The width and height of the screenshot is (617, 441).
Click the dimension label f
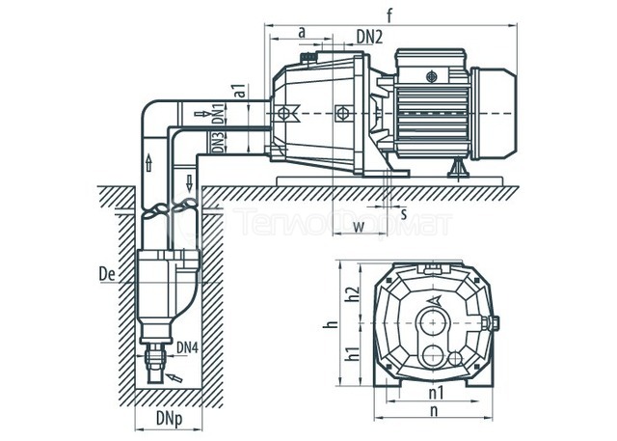pyautogui.click(x=389, y=15)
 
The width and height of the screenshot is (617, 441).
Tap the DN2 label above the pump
pyautogui.click(x=369, y=38)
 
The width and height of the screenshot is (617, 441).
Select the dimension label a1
pyautogui.click(x=241, y=91)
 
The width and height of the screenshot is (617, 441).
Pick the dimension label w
pyautogui.click(x=358, y=227)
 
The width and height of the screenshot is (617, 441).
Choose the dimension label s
pyautogui.click(x=404, y=214)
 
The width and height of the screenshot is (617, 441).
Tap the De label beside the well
pyautogui.click(x=107, y=274)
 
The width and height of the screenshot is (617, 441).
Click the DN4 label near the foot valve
pyautogui.click(x=187, y=347)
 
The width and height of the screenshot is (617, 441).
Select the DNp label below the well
pyautogui.click(x=170, y=419)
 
